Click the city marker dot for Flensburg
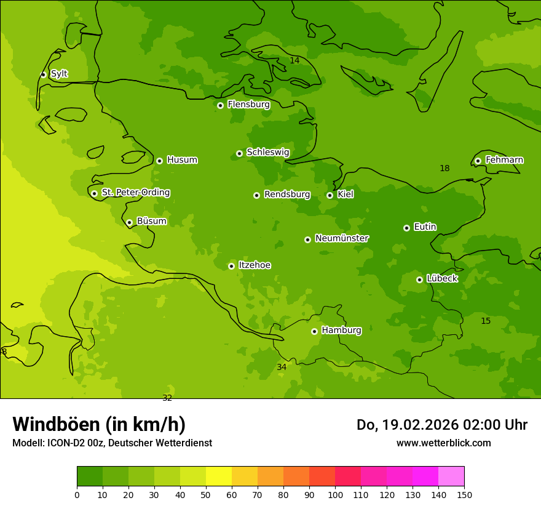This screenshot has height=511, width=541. click(220, 105)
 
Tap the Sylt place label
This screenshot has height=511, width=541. click(59, 74)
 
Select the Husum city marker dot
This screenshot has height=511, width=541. click(159, 161)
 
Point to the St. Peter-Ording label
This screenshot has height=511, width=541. click(136, 193)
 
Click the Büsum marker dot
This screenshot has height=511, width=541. click(129, 222)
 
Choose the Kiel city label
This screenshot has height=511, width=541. click(346, 195)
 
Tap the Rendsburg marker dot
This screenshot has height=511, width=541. click(256, 195)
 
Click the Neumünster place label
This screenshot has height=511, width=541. click(342, 238)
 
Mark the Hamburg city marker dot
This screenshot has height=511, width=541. click(314, 331)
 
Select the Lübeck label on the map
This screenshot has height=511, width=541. click(442, 279)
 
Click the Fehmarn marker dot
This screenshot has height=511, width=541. click(478, 161)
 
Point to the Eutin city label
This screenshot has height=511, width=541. click(425, 227)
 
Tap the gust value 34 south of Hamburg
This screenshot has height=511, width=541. click(282, 368)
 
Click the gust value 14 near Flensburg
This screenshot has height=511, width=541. click(294, 60)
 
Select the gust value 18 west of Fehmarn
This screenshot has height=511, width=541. click(444, 169)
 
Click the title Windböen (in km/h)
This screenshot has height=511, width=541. click(99, 424)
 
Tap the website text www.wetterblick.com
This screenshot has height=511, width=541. click(443, 443)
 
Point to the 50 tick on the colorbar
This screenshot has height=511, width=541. click(206, 494)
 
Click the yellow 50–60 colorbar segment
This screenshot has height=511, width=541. click(219, 477)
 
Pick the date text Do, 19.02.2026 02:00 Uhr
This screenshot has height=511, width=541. click(441, 425)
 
